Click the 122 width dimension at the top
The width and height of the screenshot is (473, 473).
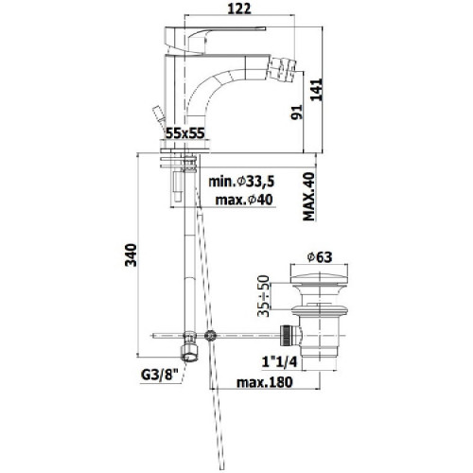click(239, 9)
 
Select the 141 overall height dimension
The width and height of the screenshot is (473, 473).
click(317, 90)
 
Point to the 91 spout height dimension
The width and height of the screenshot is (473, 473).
click(296, 112)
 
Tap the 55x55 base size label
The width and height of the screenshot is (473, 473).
click(185, 133)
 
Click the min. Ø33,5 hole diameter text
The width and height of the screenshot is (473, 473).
click(241, 182)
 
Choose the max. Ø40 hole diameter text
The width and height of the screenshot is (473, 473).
click(244, 200)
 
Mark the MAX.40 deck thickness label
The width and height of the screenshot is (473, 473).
click(309, 197)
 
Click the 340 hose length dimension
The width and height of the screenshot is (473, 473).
click(131, 255)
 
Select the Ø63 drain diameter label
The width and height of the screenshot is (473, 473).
click(320, 257)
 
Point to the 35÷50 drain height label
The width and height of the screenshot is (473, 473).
click(264, 296)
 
